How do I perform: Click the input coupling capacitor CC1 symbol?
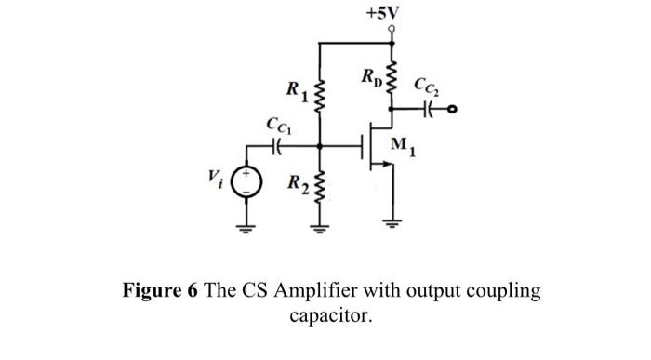[x=276, y=145]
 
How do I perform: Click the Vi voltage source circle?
[x=246, y=178]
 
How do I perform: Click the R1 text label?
[x=295, y=91]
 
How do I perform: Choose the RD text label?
[x=369, y=74]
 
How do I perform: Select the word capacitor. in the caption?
[x=330, y=315]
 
